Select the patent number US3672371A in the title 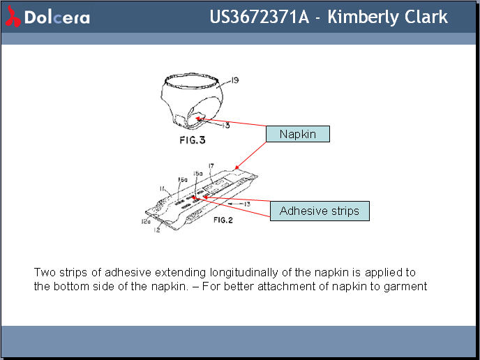click(259, 17)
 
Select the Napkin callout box click(297, 134)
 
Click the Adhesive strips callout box click(319, 211)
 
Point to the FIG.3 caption click(191, 140)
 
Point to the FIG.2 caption click(223, 220)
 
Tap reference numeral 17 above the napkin click(211, 166)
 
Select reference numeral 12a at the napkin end click(147, 221)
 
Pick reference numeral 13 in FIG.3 click(226, 126)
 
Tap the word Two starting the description click(44, 271)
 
